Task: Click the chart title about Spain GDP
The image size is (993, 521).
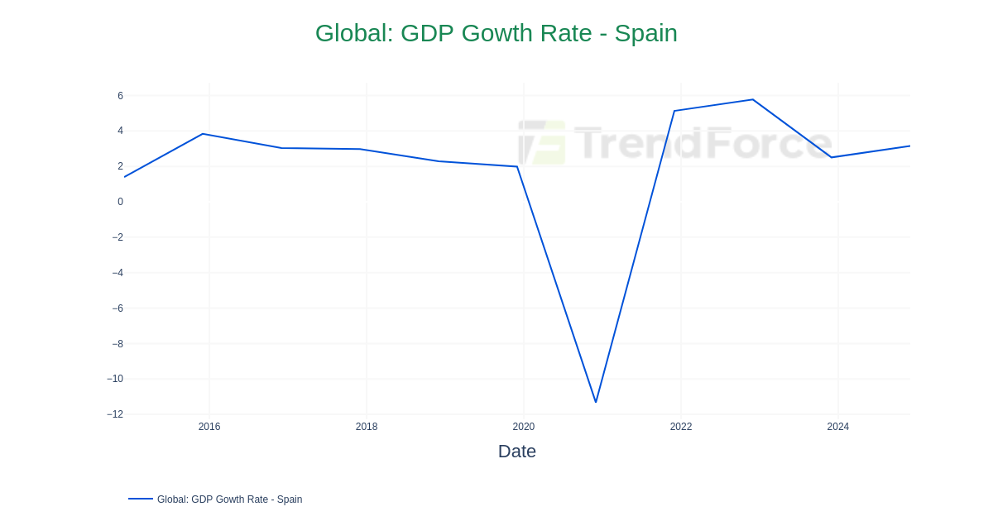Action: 496,33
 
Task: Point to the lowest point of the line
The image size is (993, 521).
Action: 596,402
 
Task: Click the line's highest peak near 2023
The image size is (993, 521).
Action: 752,100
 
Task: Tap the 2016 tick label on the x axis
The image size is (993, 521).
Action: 209,427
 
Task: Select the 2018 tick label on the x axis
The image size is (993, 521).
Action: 367,427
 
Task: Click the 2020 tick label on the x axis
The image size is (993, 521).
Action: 524,427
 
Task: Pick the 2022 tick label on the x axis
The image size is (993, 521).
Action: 681,427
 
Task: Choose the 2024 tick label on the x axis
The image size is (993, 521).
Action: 837,427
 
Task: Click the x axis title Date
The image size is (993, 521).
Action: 516,452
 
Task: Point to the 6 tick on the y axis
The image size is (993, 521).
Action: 120,96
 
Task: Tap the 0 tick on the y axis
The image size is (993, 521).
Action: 120,202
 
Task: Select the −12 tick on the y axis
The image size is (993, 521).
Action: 115,414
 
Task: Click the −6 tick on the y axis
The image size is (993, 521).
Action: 118,308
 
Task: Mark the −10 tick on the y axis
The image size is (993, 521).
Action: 115,379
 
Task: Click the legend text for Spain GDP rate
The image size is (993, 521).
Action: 229,499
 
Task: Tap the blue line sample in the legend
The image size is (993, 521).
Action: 141,499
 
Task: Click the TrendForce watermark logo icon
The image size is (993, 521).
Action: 542,142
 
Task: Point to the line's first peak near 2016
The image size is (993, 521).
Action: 203,134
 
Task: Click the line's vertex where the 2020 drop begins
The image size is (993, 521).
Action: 517,167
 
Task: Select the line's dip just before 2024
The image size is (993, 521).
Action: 832,157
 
